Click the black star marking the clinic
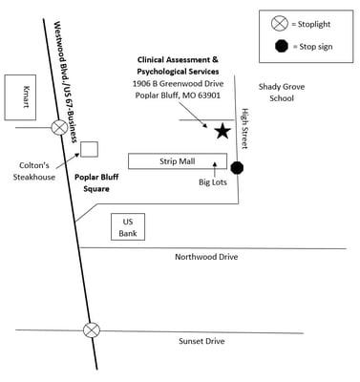click(x=222, y=130)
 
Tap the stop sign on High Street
click(x=238, y=168)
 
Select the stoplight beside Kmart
click(x=60, y=126)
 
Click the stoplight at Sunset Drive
click(x=92, y=330)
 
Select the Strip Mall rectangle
click(x=177, y=161)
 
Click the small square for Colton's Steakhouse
click(x=89, y=148)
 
